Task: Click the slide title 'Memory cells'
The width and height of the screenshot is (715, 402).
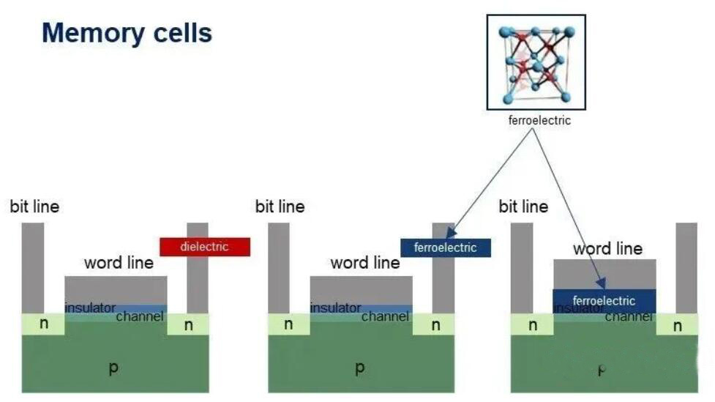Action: click(127, 33)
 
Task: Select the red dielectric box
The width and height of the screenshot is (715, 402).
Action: click(205, 247)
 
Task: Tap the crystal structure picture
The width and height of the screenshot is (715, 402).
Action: click(536, 62)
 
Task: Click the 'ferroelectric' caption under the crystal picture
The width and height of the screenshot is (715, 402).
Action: click(539, 120)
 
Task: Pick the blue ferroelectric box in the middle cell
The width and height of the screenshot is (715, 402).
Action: click(445, 247)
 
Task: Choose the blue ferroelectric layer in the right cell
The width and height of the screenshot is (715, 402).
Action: click(604, 300)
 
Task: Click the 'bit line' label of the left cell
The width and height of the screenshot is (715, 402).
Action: click(34, 206)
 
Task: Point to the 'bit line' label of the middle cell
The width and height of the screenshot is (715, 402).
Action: click(280, 206)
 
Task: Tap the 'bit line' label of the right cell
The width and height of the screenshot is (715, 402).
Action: click(523, 206)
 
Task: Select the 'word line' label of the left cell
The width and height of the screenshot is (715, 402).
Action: click(119, 262)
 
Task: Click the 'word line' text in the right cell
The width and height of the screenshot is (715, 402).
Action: click(607, 248)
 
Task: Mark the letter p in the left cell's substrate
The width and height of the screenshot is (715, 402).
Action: click(113, 368)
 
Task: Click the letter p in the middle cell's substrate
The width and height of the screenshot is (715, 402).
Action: click(359, 368)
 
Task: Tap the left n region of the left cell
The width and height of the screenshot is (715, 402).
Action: click(43, 323)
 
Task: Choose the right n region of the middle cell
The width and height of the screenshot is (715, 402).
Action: click(435, 324)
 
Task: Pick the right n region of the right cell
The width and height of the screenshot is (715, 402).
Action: click(677, 325)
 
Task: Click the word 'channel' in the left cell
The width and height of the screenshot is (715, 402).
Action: click(139, 316)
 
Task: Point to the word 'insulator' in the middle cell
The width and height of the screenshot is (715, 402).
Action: click(335, 308)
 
